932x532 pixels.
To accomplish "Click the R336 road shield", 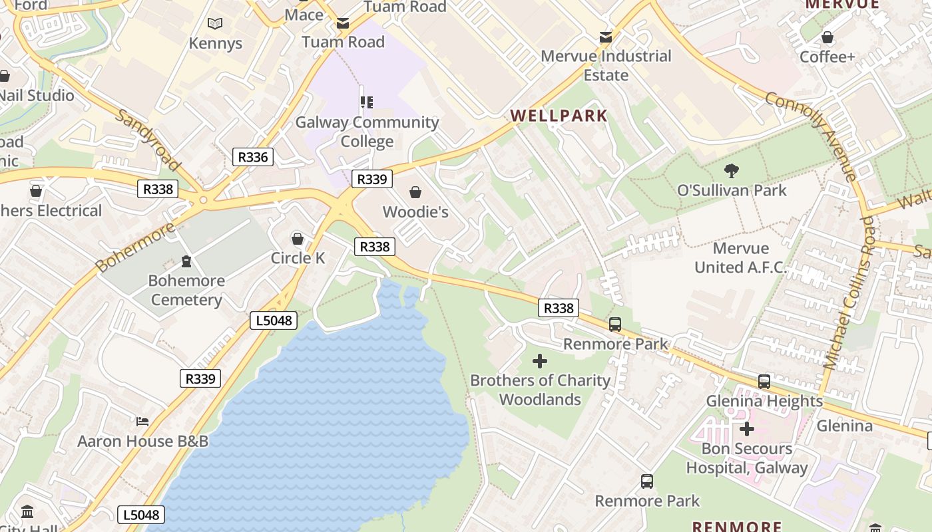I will [x=253, y=157].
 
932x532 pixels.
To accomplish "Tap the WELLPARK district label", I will [x=559, y=116].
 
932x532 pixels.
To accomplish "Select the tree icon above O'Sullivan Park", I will [x=732, y=171].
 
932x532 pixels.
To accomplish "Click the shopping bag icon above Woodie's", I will [x=415, y=193].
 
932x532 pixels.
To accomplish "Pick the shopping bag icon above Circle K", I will [x=298, y=239].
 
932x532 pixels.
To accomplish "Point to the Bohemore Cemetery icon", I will [x=186, y=261].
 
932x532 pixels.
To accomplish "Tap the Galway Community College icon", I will [x=366, y=102].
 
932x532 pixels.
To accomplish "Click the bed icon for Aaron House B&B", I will [x=142, y=421].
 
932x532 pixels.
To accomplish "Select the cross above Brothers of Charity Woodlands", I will [x=540, y=361].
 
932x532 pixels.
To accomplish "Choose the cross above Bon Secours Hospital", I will [x=747, y=429].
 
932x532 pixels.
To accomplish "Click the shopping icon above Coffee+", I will [x=827, y=37].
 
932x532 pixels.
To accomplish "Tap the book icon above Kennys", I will [x=214, y=24].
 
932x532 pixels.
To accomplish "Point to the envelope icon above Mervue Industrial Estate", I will [x=606, y=37].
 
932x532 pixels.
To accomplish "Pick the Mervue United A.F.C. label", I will [x=740, y=258].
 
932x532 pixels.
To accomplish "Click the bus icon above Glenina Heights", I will [x=764, y=382].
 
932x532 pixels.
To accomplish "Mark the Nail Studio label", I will [x=37, y=96].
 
